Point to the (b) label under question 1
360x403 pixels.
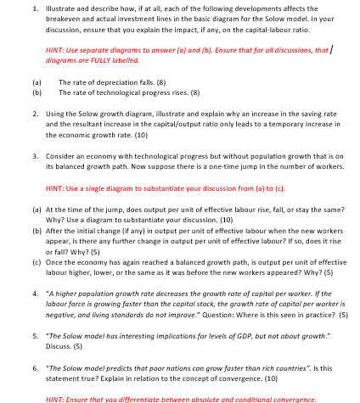pyautogui.click(x=37, y=92)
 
